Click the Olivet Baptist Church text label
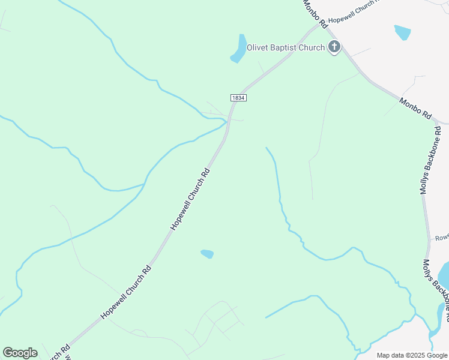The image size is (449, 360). click(286, 47)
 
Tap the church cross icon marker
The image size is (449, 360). click(334, 47)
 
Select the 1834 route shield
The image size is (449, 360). click(238, 97)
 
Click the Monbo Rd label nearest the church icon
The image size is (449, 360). click(315, 13)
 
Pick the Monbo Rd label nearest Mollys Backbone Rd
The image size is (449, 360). click(415, 109)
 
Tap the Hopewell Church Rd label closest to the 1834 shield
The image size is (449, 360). click(190, 198)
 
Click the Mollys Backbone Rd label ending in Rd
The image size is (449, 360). click(431, 160)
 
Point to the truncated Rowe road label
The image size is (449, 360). click(441, 238)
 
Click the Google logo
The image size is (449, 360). click(20, 352)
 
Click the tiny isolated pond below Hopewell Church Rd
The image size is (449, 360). click(207, 254)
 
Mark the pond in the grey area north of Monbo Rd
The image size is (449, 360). click(402, 32)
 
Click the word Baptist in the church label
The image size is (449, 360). click(289, 47)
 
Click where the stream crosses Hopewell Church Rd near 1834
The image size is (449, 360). click(227, 122)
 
